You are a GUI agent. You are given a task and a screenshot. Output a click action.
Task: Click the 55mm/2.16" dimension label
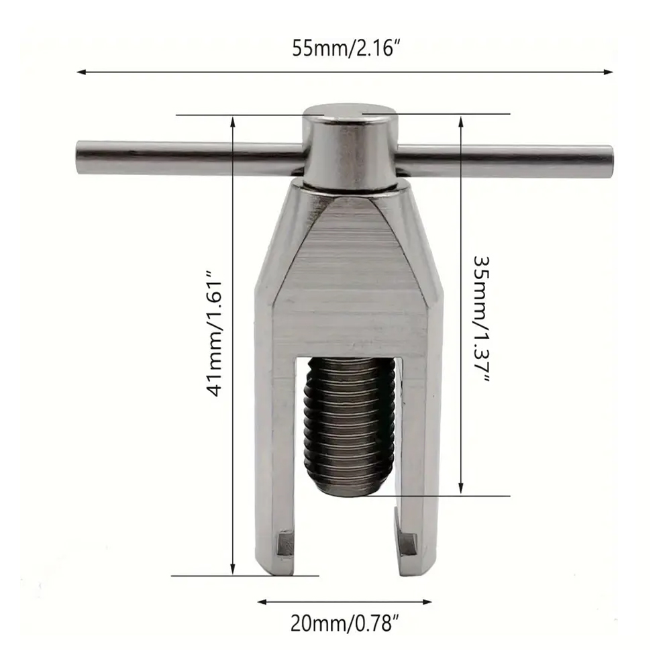tap(346, 48)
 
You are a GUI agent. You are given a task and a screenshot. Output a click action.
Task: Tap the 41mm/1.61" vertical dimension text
tap(215, 333)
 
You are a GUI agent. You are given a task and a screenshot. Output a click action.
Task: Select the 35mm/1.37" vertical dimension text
tap(481, 319)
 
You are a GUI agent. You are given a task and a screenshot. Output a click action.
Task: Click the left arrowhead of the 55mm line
tap(81, 72)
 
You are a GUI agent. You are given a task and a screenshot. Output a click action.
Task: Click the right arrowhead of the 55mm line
tap(608, 72)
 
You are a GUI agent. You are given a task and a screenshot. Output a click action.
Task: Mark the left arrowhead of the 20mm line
tap(262, 602)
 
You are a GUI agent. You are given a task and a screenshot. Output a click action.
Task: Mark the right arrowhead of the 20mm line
tap(427, 602)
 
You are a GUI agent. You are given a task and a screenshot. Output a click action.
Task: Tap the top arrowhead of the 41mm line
tap(233, 121)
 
